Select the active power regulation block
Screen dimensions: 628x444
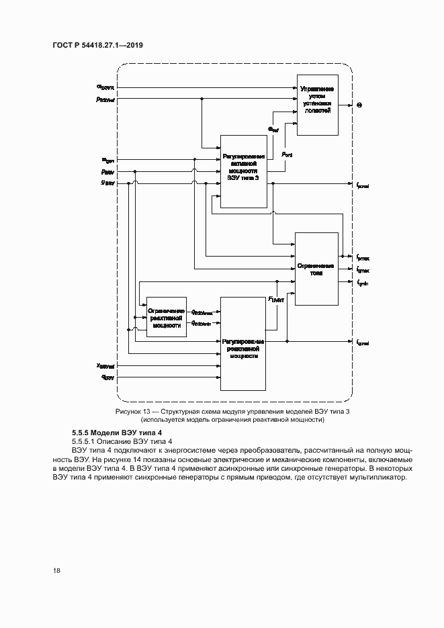click(x=244, y=171)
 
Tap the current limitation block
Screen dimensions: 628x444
click(x=316, y=269)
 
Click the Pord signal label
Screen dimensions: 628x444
click(x=287, y=154)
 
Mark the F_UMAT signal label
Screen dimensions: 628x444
click(x=276, y=300)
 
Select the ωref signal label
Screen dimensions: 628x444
click(x=273, y=128)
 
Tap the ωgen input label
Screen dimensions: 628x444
click(x=108, y=159)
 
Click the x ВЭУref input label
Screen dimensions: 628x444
click(x=106, y=365)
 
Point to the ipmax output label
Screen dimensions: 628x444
click(x=363, y=257)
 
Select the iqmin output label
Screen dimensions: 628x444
click(x=363, y=283)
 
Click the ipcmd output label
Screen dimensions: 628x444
click(x=363, y=183)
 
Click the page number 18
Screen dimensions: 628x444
click(x=57, y=570)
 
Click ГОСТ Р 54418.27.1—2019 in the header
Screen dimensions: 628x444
click(x=98, y=45)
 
